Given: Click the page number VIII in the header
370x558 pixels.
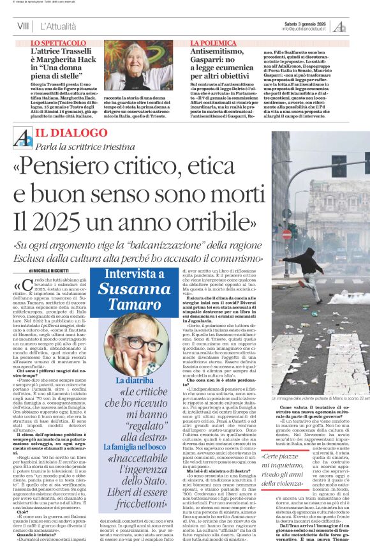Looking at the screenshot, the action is (23, 26).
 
